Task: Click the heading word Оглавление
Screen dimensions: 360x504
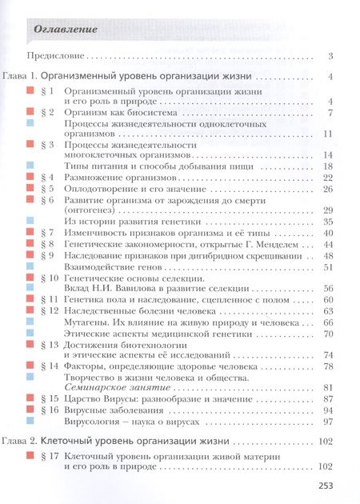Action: click(67, 30)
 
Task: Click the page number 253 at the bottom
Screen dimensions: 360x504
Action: click(331, 485)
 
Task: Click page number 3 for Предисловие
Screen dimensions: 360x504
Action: click(330, 57)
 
